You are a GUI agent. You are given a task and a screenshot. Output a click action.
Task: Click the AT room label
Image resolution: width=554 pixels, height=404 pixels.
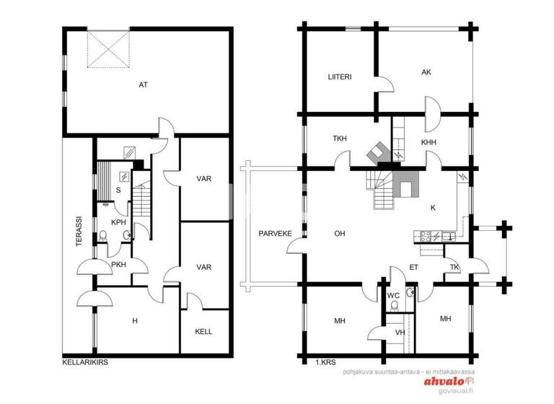tap(144, 85)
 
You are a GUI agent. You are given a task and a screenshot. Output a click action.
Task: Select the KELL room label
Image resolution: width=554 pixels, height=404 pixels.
tap(203, 332)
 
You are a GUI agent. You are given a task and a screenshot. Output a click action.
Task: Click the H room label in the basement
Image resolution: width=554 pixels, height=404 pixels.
tap(134, 320)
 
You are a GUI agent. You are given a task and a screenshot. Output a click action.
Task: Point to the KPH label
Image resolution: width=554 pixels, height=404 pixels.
tap(118, 222)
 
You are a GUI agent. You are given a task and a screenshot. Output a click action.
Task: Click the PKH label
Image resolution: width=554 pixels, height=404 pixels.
tap(119, 265)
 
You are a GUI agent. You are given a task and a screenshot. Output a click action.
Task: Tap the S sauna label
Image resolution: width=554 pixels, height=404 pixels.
tap(118, 190)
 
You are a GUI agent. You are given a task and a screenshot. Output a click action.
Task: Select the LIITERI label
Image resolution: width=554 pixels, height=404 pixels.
tap(339, 76)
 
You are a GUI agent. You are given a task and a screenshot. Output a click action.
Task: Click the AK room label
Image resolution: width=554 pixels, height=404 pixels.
tap(426, 72)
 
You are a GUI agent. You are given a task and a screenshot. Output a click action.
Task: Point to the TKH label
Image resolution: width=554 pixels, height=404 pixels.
tap(340, 139)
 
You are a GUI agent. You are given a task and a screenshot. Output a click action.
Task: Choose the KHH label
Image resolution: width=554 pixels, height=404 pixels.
tap(428, 143)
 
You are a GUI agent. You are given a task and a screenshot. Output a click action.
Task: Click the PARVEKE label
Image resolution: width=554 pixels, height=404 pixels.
tap(274, 234)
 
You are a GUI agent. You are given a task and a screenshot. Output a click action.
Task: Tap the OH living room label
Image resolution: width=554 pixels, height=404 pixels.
tap(340, 234)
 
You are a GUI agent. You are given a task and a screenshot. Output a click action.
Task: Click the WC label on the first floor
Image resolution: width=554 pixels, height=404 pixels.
tap(393, 295)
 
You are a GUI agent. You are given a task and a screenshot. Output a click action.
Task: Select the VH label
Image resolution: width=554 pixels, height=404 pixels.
tap(400, 333)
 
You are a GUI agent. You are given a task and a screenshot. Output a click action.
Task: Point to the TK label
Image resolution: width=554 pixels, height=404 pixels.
tap(454, 268)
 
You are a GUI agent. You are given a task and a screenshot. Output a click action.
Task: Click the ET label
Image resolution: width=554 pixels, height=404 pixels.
tap(414, 268)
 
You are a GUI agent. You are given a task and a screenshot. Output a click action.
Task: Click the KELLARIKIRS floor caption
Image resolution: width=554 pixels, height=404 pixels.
tap(84, 362)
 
